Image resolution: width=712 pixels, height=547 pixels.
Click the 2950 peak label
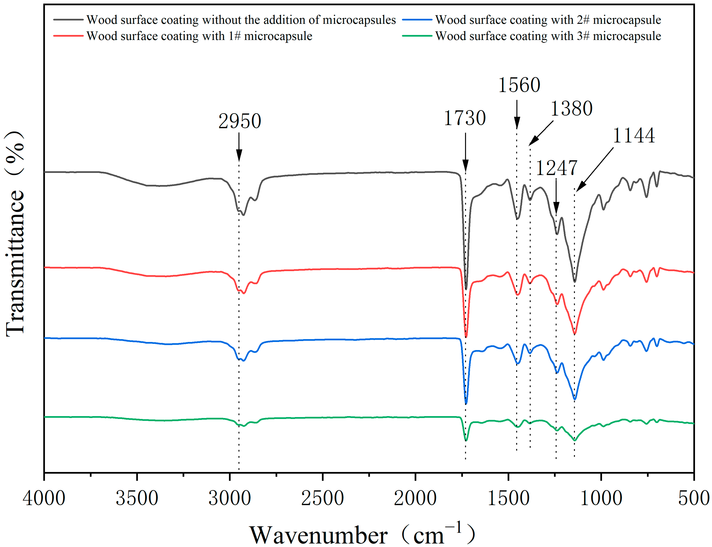click(x=239, y=121)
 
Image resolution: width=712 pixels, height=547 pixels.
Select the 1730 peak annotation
click(x=465, y=118)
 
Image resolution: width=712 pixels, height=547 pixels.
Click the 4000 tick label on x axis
click(x=44, y=498)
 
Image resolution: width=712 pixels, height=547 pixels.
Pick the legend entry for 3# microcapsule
click(x=548, y=36)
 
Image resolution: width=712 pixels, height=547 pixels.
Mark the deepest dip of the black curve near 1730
click(x=466, y=288)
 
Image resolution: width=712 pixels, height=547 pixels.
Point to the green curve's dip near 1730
click(x=466, y=440)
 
